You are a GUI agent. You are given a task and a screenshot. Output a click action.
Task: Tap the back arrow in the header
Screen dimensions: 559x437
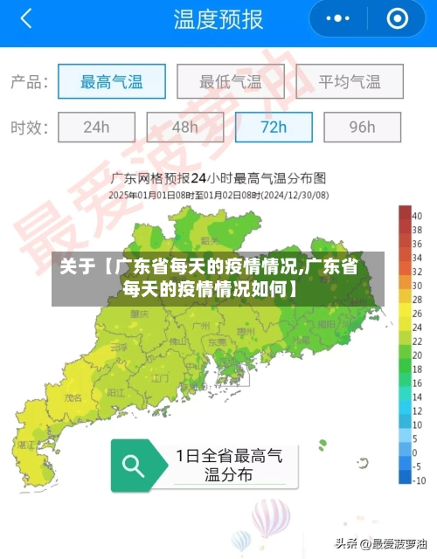[x=26, y=19]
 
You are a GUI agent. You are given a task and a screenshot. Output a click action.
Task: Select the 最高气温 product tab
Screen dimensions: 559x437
[x=111, y=82]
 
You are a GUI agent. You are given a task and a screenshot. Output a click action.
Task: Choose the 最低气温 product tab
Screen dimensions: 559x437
[x=230, y=82]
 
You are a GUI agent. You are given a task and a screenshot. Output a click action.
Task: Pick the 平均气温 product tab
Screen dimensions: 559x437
[x=349, y=82]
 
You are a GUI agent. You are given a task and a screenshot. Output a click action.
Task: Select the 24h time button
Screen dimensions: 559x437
[x=96, y=127]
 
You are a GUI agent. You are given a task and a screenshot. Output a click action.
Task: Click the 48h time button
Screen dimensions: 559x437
[x=184, y=127]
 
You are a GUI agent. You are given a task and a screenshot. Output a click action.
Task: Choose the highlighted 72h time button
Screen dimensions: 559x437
[x=274, y=127]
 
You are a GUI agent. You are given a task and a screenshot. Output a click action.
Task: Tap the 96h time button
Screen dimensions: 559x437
[x=362, y=127]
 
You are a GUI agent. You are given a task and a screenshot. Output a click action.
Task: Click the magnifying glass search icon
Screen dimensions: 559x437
[x=134, y=465]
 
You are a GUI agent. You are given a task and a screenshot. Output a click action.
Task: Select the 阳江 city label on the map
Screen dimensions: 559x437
[x=115, y=394]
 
